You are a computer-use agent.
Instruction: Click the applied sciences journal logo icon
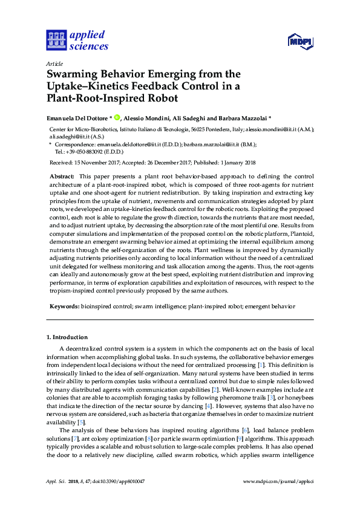56,41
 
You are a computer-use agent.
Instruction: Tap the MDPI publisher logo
298,41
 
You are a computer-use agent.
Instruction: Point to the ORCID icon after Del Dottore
117,118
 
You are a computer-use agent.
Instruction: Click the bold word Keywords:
64,306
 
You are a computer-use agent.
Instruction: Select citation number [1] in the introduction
261,366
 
